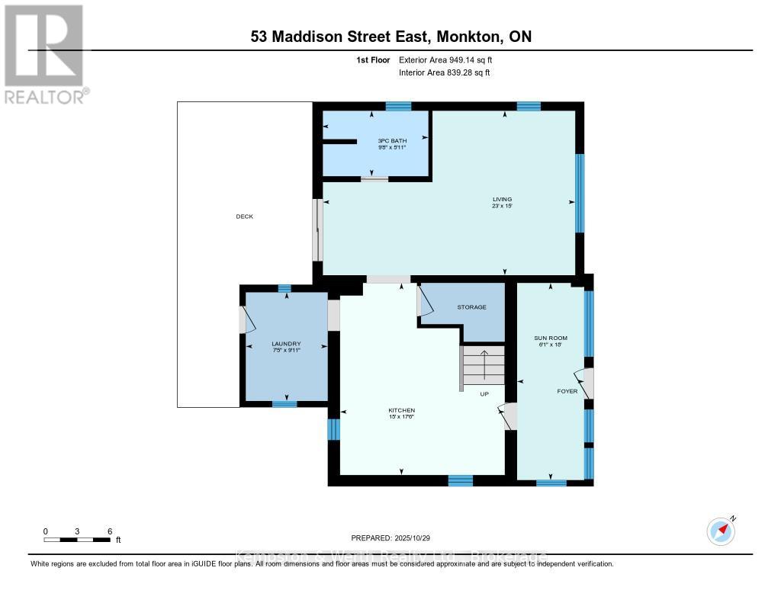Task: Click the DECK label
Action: coord(244,217)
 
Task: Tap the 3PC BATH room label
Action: coord(392,141)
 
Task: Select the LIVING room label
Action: coord(501,200)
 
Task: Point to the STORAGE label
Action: coord(471,307)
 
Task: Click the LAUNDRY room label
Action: coord(286,344)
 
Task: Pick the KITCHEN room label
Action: coord(400,411)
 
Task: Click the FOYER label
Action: coord(567,391)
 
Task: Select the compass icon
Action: coord(721,531)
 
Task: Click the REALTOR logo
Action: coord(44,53)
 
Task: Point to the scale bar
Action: coord(79,540)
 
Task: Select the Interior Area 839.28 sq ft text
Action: coord(445,72)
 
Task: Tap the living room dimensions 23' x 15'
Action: coord(501,207)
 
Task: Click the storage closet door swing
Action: coord(424,303)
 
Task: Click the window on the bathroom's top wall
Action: coord(398,106)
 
